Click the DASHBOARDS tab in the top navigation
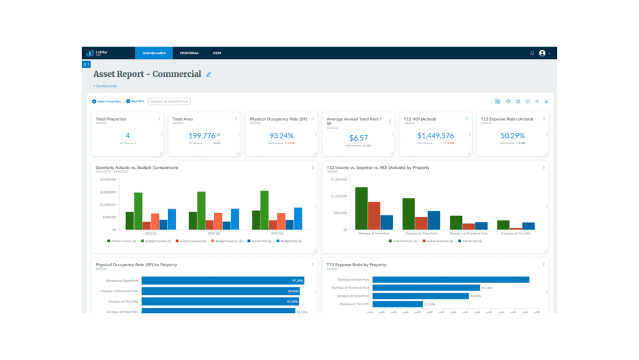click(x=154, y=53)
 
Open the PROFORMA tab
click(x=189, y=53)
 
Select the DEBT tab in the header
click(x=217, y=53)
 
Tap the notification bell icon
click(x=532, y=53)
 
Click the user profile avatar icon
click(x=542, y=53)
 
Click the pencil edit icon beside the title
click(x=208, y=74)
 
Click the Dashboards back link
click(x=105, y=86)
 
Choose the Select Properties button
click(x=107, y=101)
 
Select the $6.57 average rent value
click(x=358, y=138)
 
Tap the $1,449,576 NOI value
click(x=435, y=136)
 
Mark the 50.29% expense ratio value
click(x=512, y=136)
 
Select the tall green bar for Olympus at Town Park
click(x=361, y=209)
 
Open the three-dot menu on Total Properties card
click(x=159, y=119)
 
